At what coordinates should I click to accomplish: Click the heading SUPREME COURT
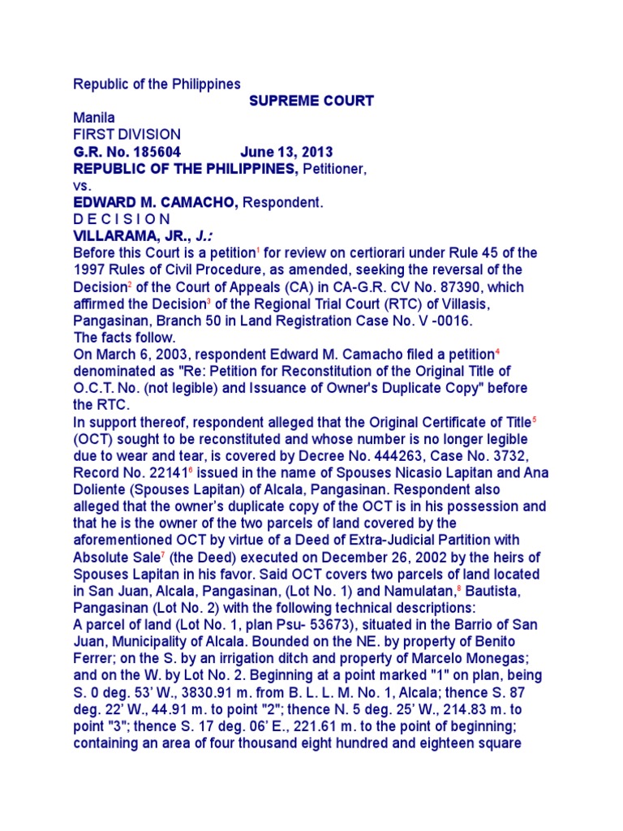[311, 101]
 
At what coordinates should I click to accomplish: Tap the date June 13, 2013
[286, 153]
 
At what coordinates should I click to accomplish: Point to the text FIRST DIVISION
[127, 135]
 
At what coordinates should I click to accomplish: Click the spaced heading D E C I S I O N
[122, 219]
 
